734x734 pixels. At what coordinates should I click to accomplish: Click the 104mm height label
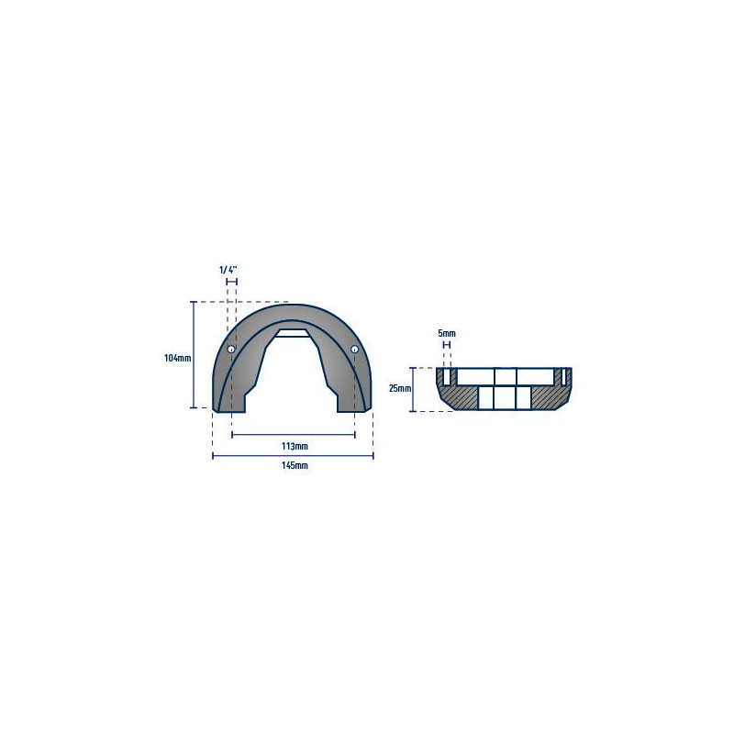coord(177,359)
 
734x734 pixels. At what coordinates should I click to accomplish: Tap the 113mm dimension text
coord(295,446)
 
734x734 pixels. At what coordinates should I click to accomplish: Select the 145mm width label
coord(295,465)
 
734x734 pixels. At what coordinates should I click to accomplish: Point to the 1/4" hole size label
coord(228,270)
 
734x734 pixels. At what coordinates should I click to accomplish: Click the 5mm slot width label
coord(447,333)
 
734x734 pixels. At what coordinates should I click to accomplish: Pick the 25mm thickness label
coord(400,388)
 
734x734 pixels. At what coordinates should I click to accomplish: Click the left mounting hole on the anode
coord(231,350)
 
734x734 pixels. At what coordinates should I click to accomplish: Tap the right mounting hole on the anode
coord(354,349)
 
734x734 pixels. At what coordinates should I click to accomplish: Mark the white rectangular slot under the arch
coord(294,333)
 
